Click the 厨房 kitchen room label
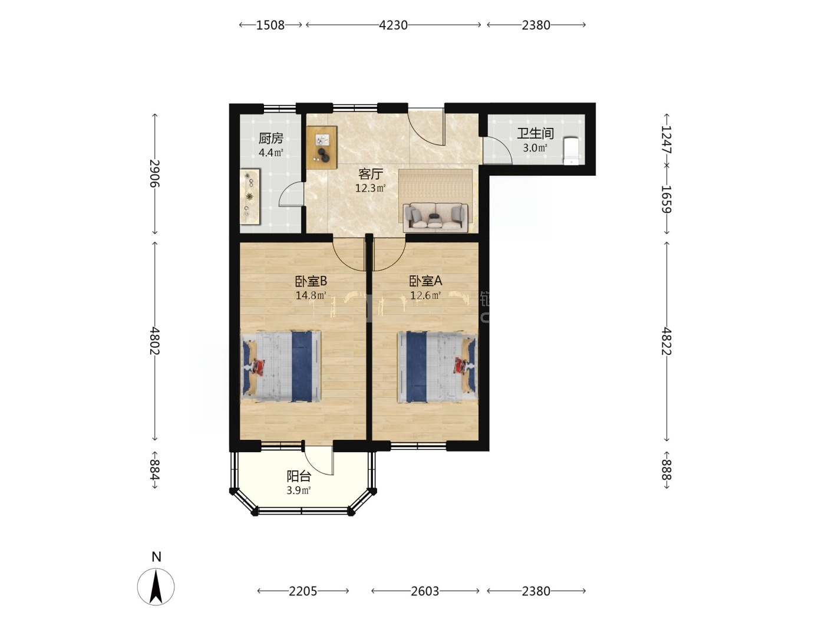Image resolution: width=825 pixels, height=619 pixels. (270, 139)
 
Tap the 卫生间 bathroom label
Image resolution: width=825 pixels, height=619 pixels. (535, 133)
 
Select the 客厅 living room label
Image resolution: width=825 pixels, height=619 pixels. (371, 174)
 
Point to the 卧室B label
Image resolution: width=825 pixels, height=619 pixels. (311, 281)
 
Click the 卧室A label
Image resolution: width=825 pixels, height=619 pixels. (425, 281)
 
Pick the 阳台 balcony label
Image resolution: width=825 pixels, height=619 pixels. (299, 476)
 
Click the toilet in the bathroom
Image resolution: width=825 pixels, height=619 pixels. (572, 151)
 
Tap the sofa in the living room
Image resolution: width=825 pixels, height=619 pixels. (435, 217)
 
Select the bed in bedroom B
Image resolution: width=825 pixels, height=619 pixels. (280, 367)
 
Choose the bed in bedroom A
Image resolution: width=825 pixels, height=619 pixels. (438, 367)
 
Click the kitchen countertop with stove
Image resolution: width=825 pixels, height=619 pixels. (250, 196)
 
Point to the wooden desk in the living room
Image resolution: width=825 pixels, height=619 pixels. (322, 147)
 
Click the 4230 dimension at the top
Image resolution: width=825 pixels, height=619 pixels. (393, 25)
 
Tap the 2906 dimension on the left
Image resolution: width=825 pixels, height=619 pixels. (154, 174)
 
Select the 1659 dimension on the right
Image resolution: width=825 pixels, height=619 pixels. (666, 199)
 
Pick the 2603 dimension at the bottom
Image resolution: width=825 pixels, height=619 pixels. (425, 591)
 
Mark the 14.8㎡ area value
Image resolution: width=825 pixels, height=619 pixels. (311, 295)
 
